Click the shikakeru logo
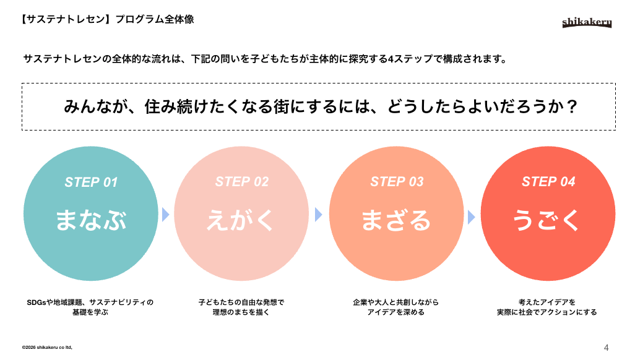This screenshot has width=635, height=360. coord(587,23)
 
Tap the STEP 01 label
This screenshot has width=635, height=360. coord(91,182)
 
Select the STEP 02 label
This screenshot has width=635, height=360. coord(242,182)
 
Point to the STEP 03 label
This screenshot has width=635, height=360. coord(397,182)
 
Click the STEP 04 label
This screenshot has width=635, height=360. coord(548,182)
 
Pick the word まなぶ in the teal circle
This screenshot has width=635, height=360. coord(91,220)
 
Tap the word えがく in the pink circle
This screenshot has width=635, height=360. coord(242,220)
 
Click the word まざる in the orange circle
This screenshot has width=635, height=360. coord(397,220)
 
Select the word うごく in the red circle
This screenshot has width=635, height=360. coord(548,220)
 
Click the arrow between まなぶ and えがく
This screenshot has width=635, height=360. coord(165,215)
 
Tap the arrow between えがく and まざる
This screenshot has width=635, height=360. coord(319,215)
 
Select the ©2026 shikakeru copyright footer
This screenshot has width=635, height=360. coord(47,348)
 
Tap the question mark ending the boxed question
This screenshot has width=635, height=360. coord(572,107)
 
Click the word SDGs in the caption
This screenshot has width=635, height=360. coord(37,302)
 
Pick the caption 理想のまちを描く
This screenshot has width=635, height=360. coord(241,312)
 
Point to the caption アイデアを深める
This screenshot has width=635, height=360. coord(396,312)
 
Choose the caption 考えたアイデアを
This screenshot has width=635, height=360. coord(547,302)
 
